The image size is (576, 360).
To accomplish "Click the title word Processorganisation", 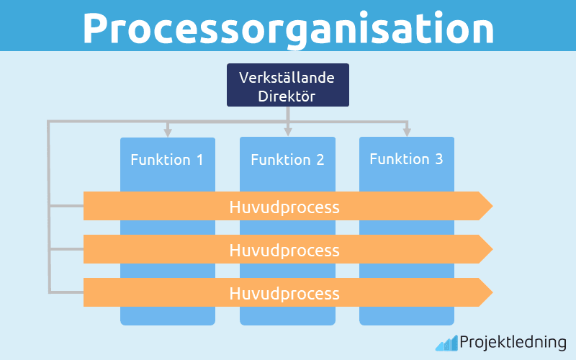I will click(x=288, y=27).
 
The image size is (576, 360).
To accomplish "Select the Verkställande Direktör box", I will click(x=288, y=85).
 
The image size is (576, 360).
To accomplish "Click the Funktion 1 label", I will click(x=167, y=159).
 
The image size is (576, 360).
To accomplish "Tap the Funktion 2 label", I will click(x=287, y=159).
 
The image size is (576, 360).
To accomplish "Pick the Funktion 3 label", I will click(x=407, y=158).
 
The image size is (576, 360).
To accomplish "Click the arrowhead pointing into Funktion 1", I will click(x=168, y=132).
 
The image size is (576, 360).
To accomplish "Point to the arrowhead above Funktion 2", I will click(x=288, y=132).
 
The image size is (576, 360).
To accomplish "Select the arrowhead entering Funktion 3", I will click(x=407, y=132).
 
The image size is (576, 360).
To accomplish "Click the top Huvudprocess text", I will click(x=284, y=207).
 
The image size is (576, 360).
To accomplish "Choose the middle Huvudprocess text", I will click(x=284, y=250).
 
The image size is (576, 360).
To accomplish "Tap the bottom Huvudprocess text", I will click(x=284, y=293).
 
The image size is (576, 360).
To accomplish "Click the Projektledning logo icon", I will click(x=446, y=343).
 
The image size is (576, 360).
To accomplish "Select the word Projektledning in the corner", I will click(x=513, y=343).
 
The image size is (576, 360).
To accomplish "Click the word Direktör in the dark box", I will click(x=287, y=95).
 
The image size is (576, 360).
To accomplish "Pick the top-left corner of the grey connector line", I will click(x=49, y=122).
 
